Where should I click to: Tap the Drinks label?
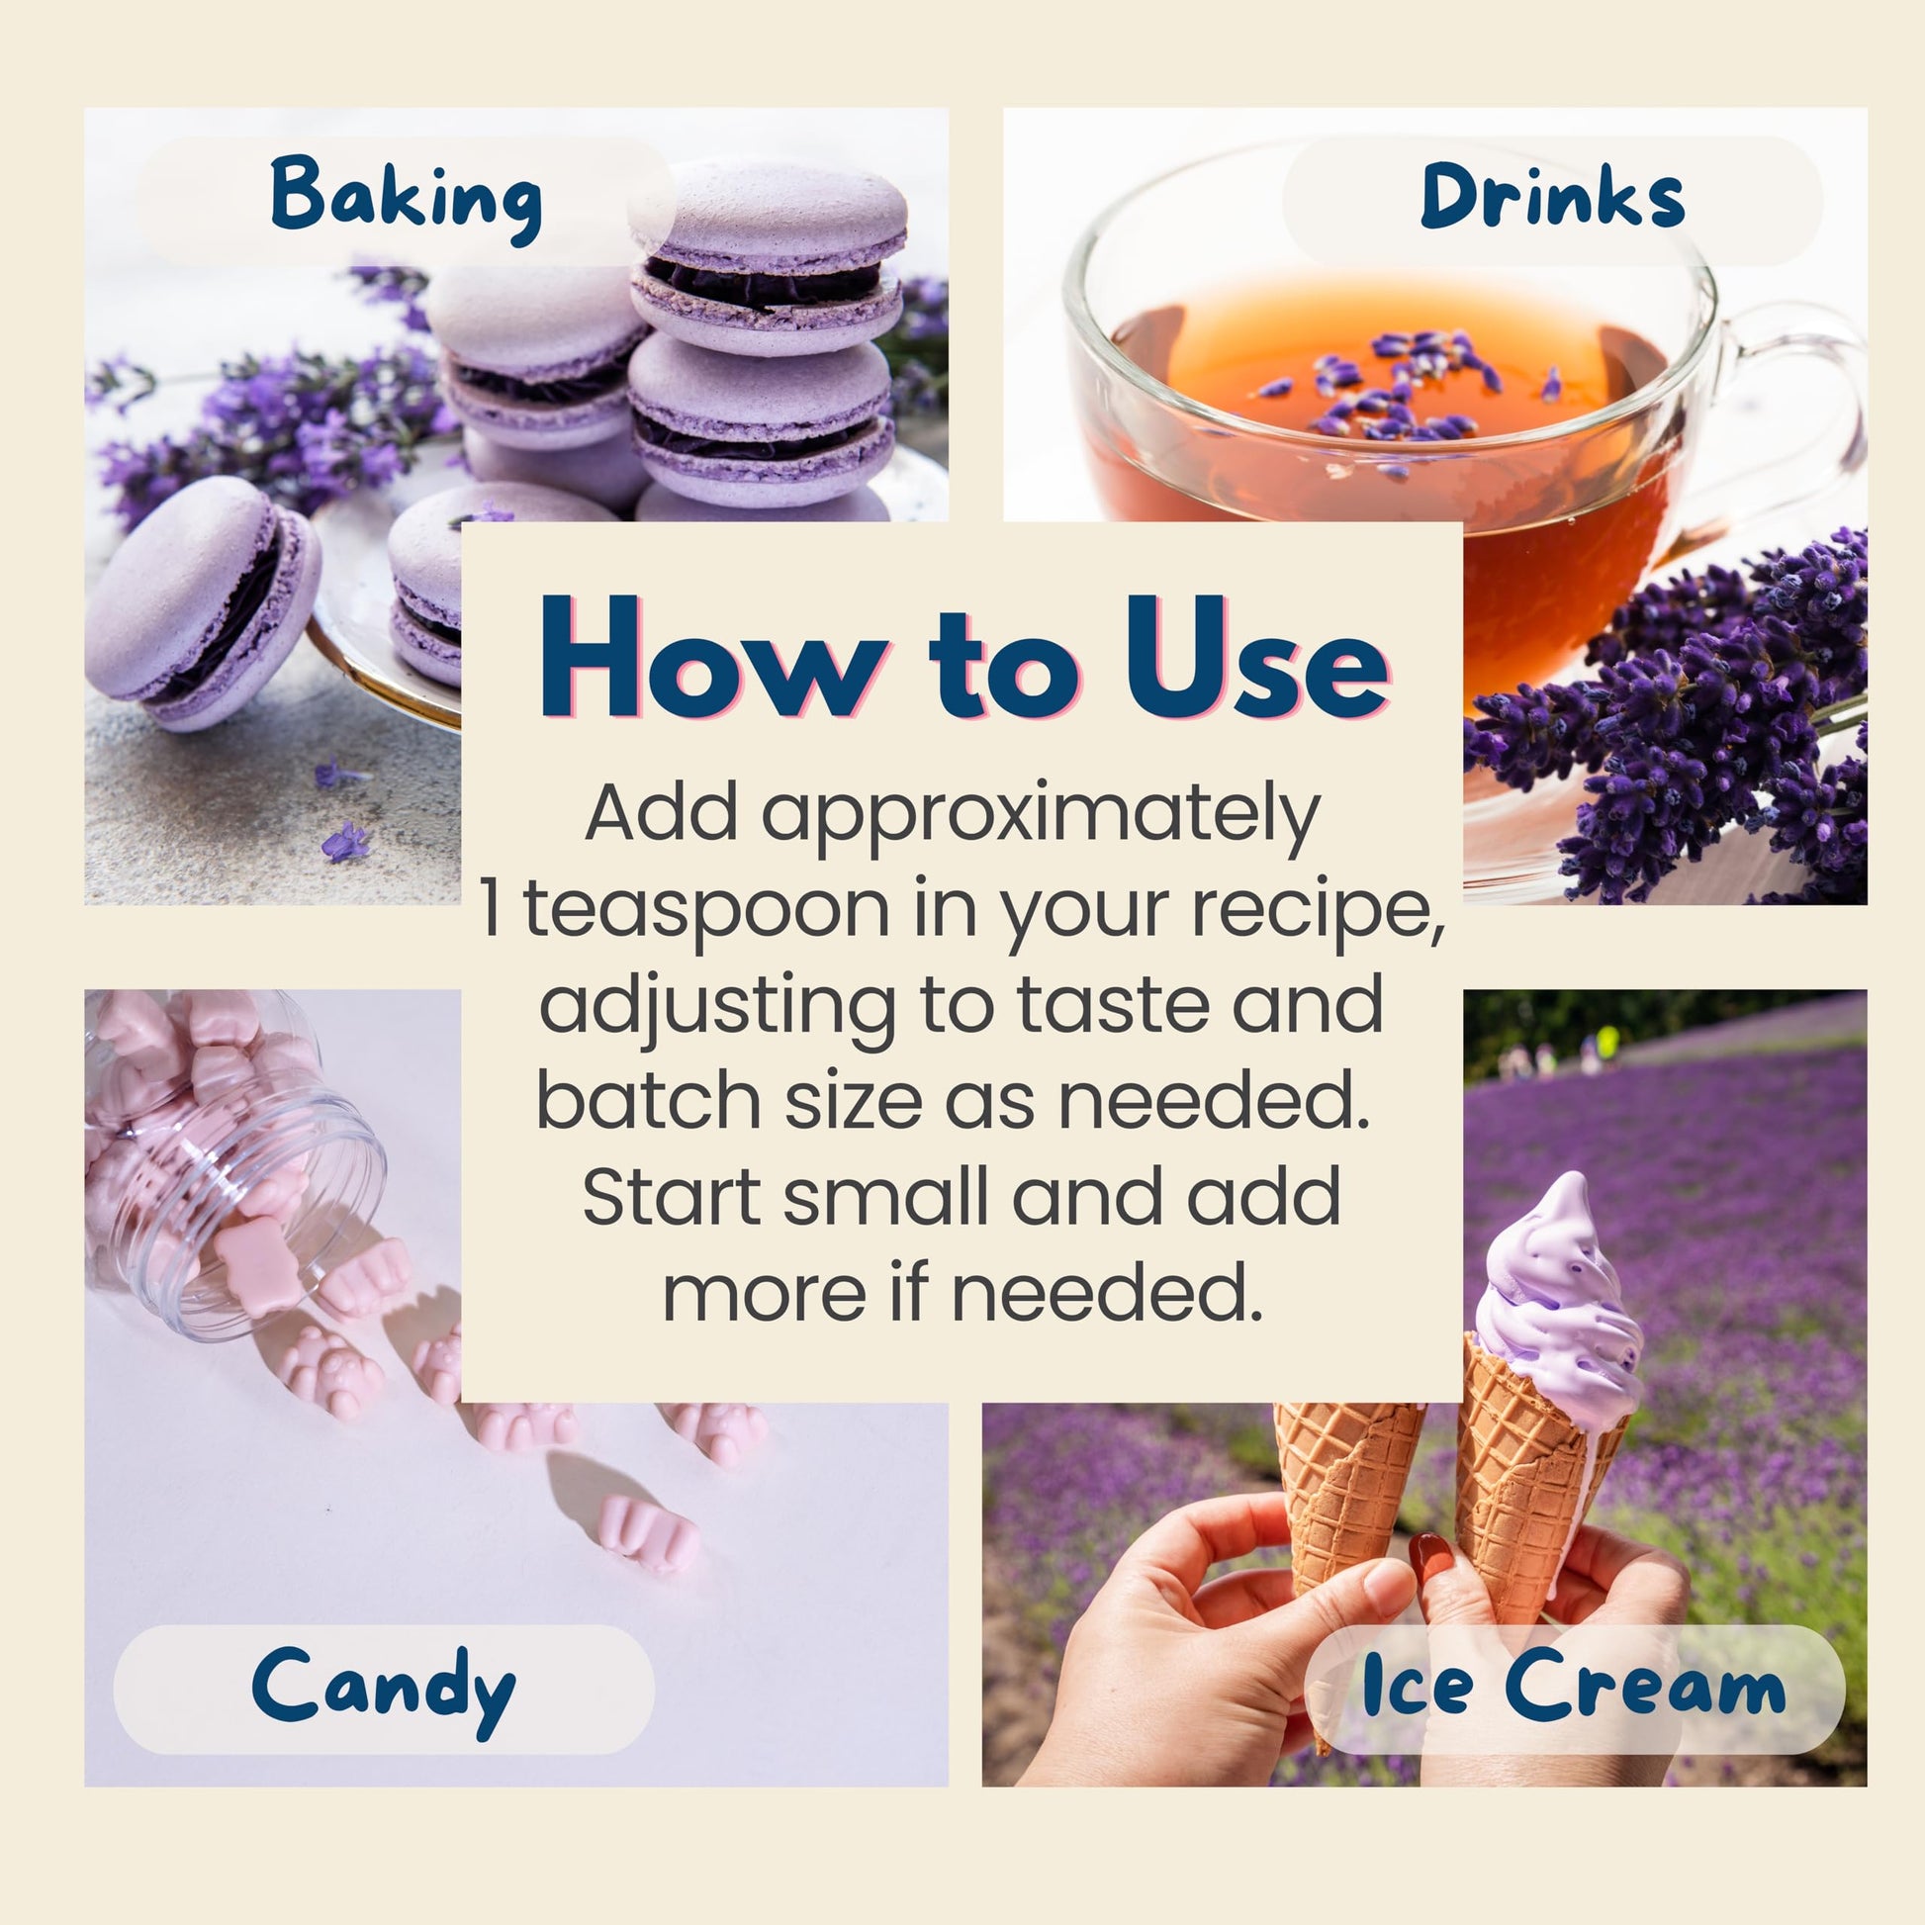1552,197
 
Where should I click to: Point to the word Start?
674,1197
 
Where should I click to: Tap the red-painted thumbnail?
1431,1561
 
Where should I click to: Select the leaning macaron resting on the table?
201,601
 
